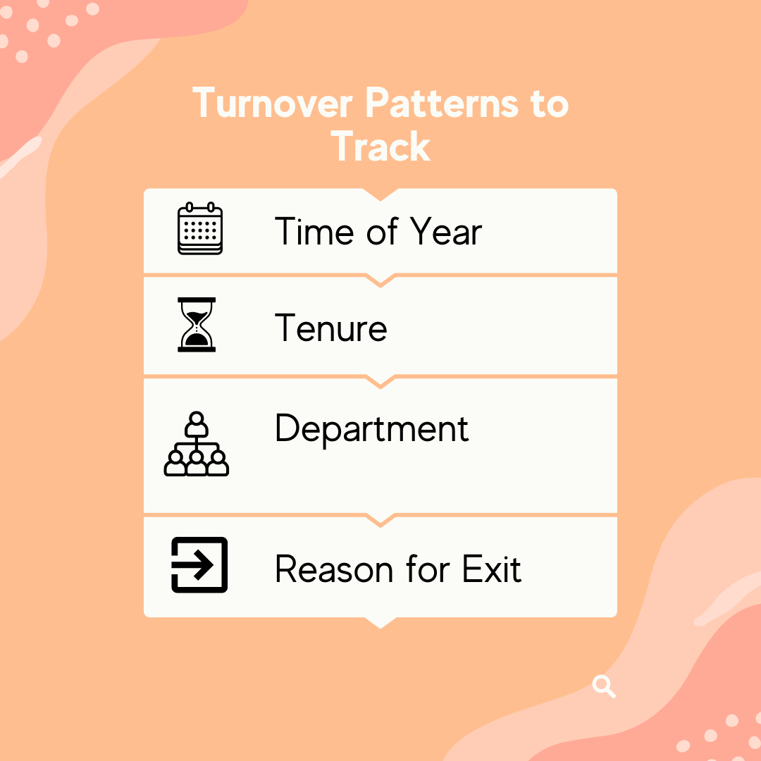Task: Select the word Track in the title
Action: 380,147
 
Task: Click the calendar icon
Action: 199,228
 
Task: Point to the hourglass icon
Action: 197,325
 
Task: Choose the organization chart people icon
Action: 197,444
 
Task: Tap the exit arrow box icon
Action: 199,564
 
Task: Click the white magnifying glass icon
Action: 604,686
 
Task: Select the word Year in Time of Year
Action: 446,232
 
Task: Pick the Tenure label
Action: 331,328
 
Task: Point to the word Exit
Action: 492,569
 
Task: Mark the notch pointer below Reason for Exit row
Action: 380,622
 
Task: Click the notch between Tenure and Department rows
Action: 380,381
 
